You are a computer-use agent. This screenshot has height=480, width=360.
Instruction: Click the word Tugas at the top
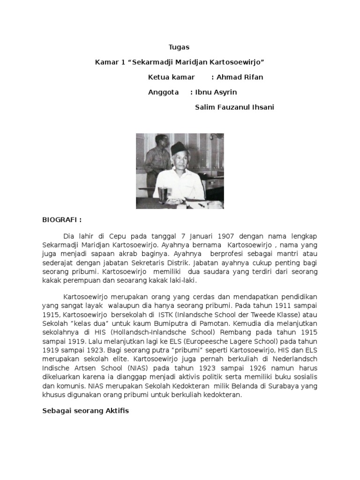tap(180, 47)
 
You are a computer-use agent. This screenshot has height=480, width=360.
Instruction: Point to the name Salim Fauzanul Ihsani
tap(234, 107)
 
